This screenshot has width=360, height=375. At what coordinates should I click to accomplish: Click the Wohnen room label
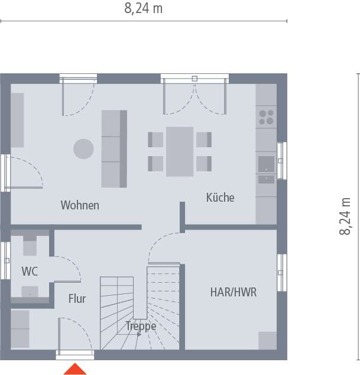(80, 206)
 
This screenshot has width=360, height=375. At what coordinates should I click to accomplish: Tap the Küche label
(220, 198)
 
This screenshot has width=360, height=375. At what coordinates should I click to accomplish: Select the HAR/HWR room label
(233, 292)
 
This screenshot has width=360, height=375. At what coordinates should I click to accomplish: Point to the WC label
(30, 271)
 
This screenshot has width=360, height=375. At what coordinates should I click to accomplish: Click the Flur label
(77, 299)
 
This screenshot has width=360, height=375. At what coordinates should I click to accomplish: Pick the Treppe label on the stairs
(141, 326)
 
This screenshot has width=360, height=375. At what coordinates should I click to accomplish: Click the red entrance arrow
(75, 369)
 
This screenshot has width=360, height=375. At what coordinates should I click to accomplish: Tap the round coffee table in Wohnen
(83, 148)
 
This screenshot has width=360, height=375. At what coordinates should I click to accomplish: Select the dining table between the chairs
(180, 151)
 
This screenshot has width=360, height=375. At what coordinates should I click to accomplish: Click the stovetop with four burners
(266, 117)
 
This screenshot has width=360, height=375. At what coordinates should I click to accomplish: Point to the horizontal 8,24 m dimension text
(144, 8)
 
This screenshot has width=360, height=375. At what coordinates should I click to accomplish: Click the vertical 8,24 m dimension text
(345, 216)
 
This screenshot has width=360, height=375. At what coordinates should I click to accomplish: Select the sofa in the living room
(114, 148)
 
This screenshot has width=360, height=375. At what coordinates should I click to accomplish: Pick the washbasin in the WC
(30, 292)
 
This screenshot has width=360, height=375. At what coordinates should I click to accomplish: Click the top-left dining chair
(155, 140)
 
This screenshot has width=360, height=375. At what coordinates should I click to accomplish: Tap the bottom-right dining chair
(204, 163)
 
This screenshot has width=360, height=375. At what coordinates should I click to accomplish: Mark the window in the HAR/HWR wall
(281, 273)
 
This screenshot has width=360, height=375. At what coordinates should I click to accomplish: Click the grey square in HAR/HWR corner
(267, 340)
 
